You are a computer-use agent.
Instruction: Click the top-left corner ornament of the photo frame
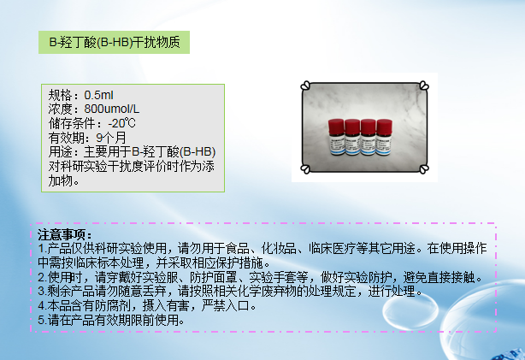(x=306, y=85)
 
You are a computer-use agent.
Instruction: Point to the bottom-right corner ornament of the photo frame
(x=422, y=171)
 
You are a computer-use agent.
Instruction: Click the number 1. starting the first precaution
(x=42, y=248)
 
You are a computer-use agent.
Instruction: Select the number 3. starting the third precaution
(x=42, y=291)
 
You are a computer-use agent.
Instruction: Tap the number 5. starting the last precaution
(x=42, y=320)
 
